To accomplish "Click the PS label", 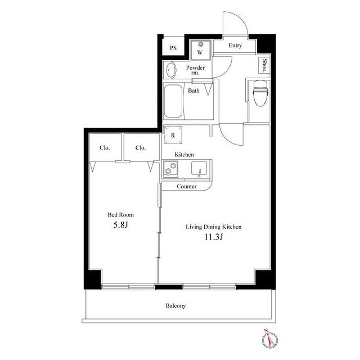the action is click(173, 48).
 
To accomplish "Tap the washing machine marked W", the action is click(200, 50).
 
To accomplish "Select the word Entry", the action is click(235, 46).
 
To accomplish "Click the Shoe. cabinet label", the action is click(265, 65).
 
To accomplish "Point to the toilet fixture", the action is click(260, 93).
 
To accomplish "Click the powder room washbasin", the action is click(170, 70).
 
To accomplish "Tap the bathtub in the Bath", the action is click(173, 101).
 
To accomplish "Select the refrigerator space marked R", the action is click(173, 135).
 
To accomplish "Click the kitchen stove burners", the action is click(170, 169).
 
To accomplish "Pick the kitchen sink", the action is click(199, 169).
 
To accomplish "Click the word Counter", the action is click(187, 186).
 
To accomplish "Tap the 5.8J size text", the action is click(120, 225).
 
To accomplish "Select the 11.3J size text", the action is click(214, 237).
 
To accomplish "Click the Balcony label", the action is click(175, 306).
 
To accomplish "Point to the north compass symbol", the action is click(269, 339).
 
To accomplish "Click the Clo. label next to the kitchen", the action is click(141, 147).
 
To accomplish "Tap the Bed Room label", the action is click(121, 215).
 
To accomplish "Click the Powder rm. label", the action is click(195, 70).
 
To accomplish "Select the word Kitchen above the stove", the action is click(184, 155).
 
